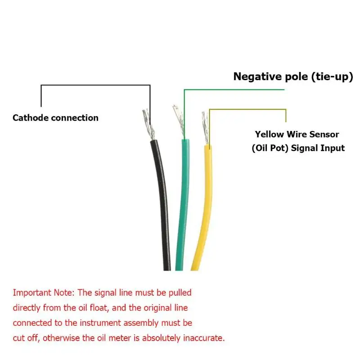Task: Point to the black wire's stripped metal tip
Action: coord(148,124)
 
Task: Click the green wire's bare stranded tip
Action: coord(179,121)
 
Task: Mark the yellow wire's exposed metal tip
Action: coord(205,128)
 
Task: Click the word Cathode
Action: coord(31,118)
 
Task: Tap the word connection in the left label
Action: coord(75,118)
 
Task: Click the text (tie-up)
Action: coord(332,77)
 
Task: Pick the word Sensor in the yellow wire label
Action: coord(324,134)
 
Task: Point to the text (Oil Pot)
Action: coord(270,148)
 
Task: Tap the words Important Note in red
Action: coord(44,293)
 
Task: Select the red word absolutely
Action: coord(161,338)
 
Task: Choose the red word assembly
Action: coord(141,323)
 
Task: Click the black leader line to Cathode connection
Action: coord(95,85)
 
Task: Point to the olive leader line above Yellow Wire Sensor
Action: coord(247,109)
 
